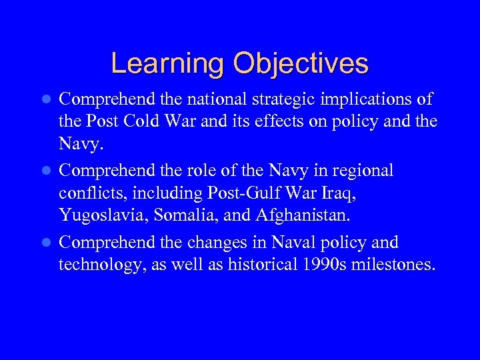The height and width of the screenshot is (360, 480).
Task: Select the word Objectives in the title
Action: (300, 63)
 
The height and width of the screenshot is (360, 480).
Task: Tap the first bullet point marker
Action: (46, 99)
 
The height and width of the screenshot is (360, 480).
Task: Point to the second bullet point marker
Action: (46, 171)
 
